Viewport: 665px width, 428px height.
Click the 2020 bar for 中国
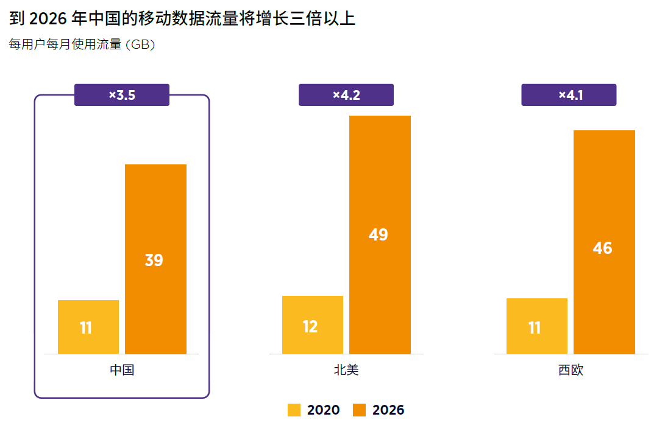[88, 327]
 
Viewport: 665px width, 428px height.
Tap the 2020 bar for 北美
[313, 325]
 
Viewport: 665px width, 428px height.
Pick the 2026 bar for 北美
[380, 234]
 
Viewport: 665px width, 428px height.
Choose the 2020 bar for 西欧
[536, 326]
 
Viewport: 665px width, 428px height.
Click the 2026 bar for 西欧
[604, 242]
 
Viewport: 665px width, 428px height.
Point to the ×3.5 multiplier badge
[122, 95]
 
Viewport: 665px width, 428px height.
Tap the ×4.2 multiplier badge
[346, 95]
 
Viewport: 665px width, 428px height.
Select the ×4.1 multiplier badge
[569, 95]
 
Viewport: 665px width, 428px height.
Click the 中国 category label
[122, 370]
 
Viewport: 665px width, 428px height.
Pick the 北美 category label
[346, 370]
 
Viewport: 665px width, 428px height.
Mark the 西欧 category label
[571, 370]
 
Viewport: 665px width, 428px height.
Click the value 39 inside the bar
[154, 261]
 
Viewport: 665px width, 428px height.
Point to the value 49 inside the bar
[379, 235]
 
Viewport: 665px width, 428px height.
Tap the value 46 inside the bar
[602, 248]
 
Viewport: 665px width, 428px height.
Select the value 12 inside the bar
[310, 327]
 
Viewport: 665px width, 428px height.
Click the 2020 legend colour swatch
[294, 410]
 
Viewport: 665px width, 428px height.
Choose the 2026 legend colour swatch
[360, 410]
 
